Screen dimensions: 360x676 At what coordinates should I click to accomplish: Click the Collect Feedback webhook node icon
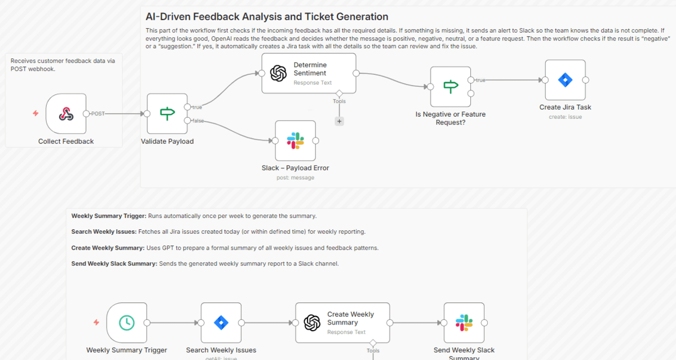tap(66, 114)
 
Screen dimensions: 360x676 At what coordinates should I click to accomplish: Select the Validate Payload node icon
tap(167, 114)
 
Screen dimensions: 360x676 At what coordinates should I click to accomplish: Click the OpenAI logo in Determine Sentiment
tap(278, 73)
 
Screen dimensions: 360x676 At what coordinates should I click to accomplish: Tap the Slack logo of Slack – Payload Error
tap(295, 141)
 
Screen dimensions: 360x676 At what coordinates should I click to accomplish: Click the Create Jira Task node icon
tap(565, 80)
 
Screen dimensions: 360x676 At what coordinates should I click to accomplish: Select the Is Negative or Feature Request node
tap(451, 87)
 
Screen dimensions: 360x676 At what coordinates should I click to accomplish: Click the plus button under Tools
tap(339, 121)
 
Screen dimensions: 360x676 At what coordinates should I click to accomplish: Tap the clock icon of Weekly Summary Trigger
tap(127, 323)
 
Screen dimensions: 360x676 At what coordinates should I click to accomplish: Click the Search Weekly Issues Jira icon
tap(221, 323)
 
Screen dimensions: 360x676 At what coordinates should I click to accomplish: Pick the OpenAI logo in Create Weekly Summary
tap(312, 323)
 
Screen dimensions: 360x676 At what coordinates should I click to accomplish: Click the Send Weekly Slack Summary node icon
tap(464, 323)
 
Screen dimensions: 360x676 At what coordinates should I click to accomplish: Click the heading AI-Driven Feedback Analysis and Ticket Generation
tap(266, 17)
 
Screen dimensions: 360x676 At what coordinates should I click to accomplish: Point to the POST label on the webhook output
tap(98, 114)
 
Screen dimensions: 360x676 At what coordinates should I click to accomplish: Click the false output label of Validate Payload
tap(198, 121)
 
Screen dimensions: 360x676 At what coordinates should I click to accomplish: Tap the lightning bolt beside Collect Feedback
tap(35, 114)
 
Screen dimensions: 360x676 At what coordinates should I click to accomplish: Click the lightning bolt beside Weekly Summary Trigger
tap(96, 323)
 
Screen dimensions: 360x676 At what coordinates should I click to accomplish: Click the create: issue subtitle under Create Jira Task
tap(565, 117)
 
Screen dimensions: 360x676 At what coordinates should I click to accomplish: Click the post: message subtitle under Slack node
tap(295, 177)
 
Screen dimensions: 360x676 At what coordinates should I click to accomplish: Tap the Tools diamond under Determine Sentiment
tap(339, 93)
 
